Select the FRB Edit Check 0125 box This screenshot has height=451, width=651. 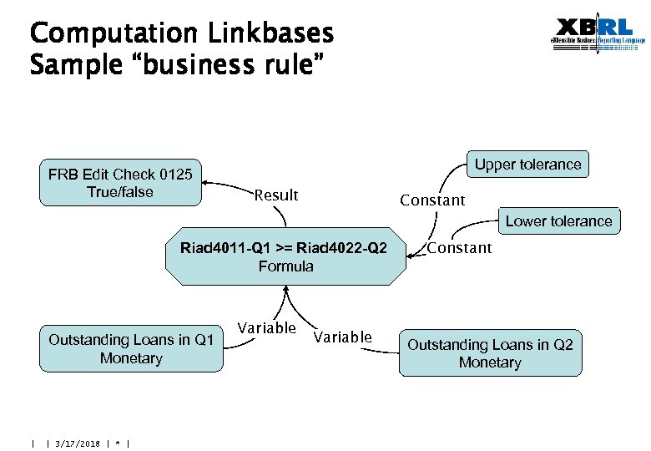[120, 183]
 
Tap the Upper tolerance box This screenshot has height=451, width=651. [527, 165]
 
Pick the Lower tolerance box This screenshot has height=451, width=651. [558, 221]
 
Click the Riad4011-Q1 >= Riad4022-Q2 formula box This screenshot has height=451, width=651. [285, 256]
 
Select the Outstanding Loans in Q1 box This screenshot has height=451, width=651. [131, 348]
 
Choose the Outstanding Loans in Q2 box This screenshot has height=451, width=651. [490, 353]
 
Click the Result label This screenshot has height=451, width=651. [275, 195]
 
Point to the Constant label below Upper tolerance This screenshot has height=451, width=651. [432, 200]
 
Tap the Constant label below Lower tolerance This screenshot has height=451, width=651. [460, 248]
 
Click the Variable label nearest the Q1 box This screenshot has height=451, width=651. [266, 328]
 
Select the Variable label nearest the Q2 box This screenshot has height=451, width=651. [342, 337]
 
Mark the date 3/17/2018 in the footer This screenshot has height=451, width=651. [77, 443]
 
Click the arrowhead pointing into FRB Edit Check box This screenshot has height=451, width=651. [207, 183]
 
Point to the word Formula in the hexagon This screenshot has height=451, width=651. [285, 266]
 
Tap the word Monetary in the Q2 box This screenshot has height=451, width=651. [490, 363]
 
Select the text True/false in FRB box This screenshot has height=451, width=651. [120, 192]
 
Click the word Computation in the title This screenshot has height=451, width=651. [110, 34]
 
